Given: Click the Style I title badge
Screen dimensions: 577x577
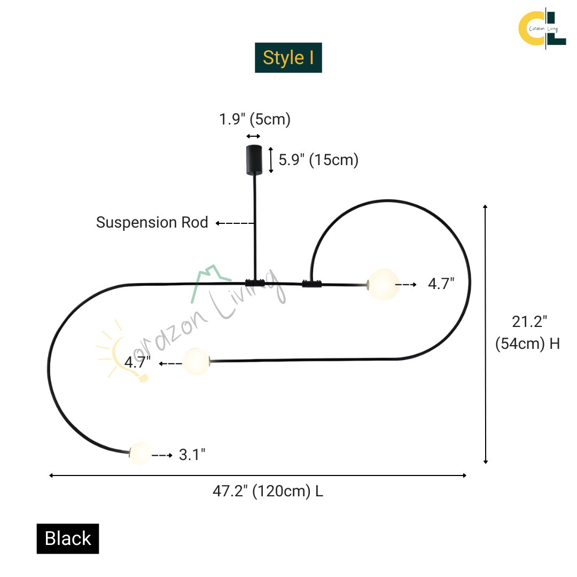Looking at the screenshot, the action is click(x=288, y=58).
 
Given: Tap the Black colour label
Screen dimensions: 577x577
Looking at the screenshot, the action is click(x=68, y=539).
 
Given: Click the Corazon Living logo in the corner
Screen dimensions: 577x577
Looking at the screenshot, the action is click(x=542, y=28).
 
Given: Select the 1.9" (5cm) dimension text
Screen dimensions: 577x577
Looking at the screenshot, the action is click(x=255, y=119).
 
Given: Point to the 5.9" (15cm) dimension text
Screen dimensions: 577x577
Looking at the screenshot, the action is click(x=318, y=160).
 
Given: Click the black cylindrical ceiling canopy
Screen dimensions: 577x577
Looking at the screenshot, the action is click(x=254, y=160).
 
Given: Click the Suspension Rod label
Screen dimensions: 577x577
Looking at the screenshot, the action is click(x=152, y=222).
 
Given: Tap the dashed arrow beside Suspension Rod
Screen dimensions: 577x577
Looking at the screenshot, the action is click(x=235, y=223).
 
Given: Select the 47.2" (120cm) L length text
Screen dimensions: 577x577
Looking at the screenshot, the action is click(x=268, y=492).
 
